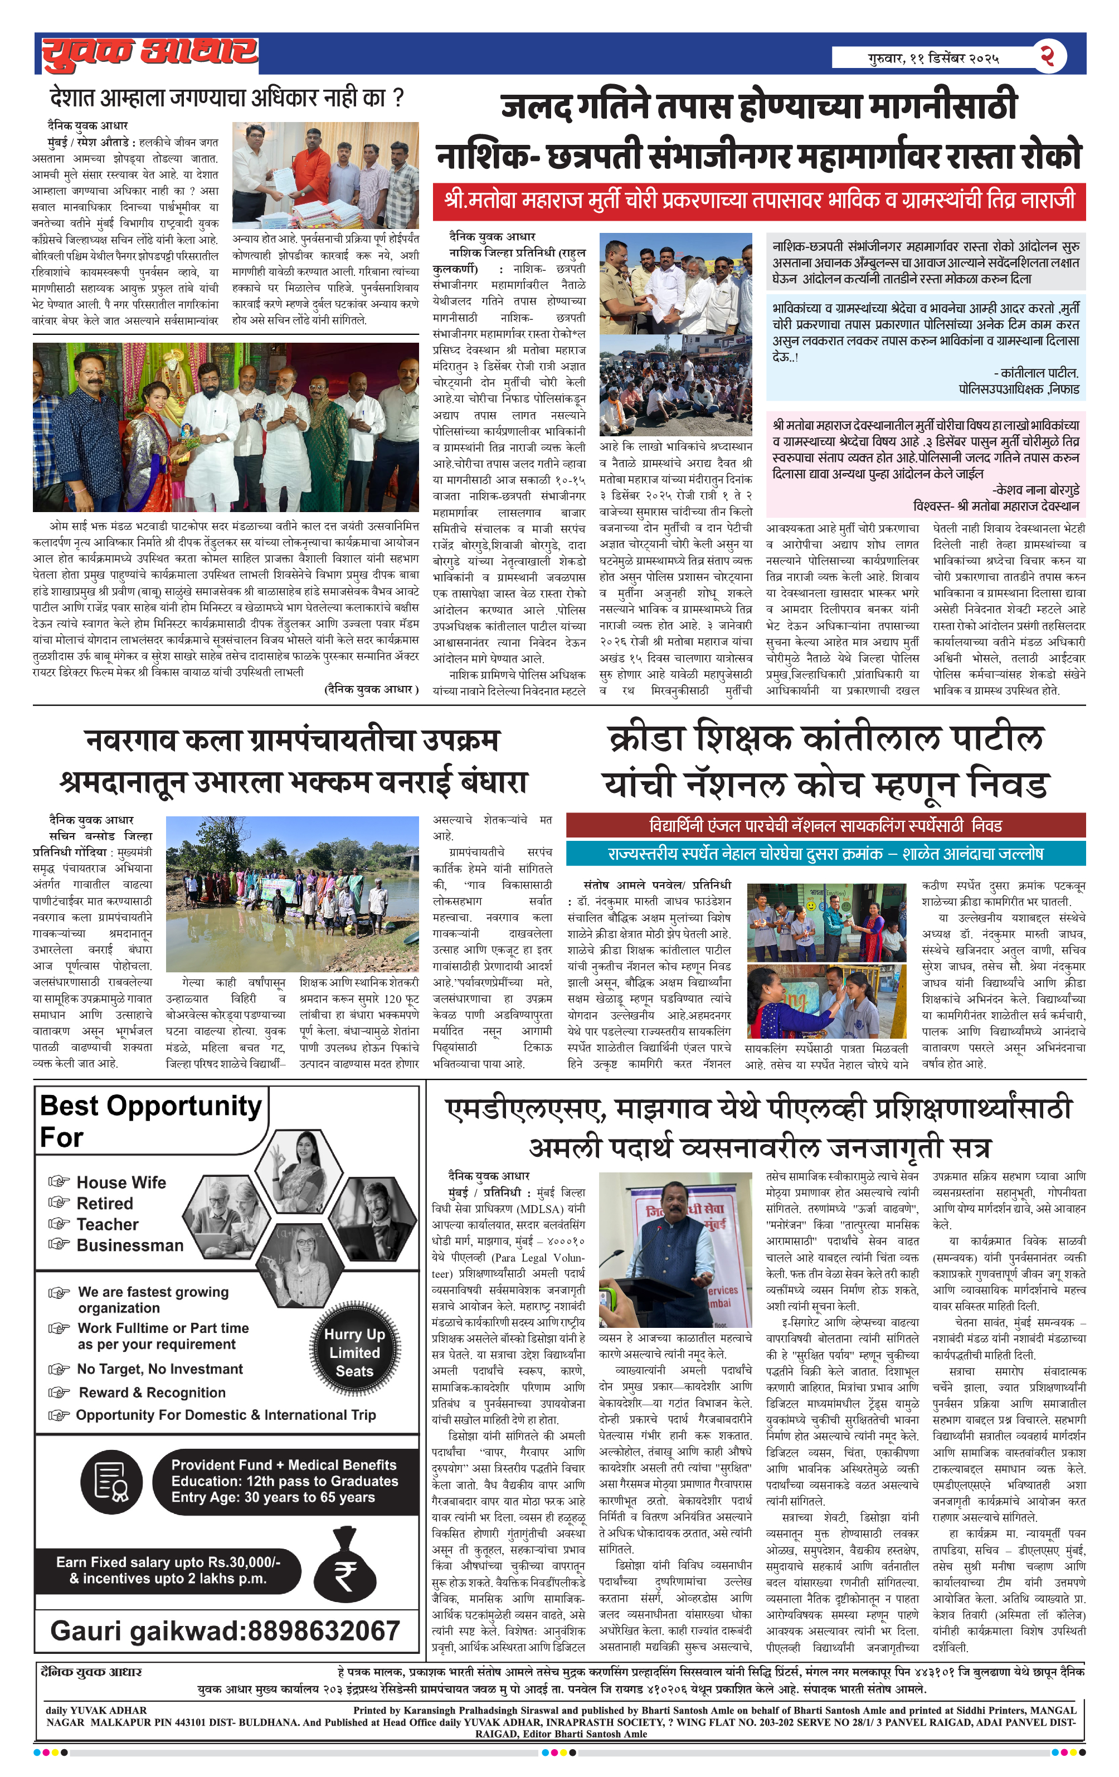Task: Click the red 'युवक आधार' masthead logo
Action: coord(149,54)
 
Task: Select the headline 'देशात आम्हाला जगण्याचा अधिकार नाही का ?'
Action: coord(226,98)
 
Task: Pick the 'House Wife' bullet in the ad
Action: coord(121,1182)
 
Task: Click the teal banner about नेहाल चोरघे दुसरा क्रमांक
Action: coord(825,854)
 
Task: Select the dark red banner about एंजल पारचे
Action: coord(825,825)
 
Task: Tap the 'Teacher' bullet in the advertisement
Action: coord(108,1224)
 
